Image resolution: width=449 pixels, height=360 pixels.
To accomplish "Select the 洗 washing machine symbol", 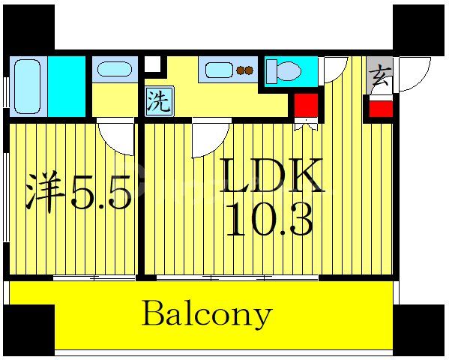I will (x=157, y=101).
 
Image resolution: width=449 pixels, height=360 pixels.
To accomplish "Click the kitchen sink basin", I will (x=219, y=71).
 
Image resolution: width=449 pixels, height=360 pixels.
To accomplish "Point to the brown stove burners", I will (x=244, y=71).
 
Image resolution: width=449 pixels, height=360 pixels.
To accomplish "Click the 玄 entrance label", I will (x=379, y=75).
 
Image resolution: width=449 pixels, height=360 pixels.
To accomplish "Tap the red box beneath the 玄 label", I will (x=380, y=107).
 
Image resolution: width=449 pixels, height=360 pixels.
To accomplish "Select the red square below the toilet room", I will (x=305, y=106).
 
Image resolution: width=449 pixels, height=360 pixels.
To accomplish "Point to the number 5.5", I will (x=101, y=193).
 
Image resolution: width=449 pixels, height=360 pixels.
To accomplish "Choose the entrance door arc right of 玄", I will (x=413, y=75).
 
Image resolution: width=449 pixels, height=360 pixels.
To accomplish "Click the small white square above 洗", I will (x=152, y=64).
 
